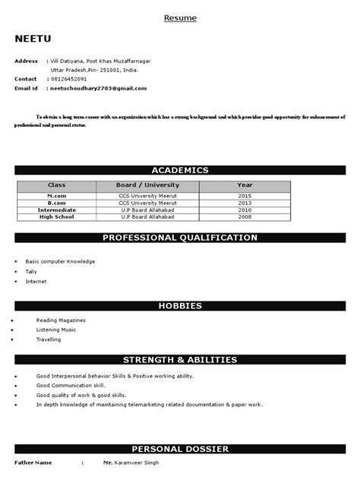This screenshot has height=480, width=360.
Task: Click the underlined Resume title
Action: click(x=180, y=17)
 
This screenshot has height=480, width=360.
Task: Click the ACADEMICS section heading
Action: click(x=180, y=170)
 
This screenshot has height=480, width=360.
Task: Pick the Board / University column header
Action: click(x=147, y=185)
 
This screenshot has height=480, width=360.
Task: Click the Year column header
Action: click(x=245, y=185)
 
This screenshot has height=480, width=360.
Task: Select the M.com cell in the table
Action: click(x=57, y=195)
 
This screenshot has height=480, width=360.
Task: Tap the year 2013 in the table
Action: click(x=245, y=203)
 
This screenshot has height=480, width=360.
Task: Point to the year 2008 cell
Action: click(x=245, y=217)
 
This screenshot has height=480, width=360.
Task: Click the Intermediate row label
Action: click(x=57, y=210)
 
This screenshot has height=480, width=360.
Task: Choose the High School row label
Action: click(x=57, y=217)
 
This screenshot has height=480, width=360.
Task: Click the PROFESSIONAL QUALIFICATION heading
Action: click(x=180, y=238)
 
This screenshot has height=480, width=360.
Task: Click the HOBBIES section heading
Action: click(x=180, y=305)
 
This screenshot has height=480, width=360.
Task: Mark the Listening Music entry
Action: click(x=56, y=330)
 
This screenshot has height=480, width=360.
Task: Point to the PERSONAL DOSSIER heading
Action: click(x=180, y=450)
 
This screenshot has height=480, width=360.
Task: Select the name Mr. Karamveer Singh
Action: click(x=131, y=463)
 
